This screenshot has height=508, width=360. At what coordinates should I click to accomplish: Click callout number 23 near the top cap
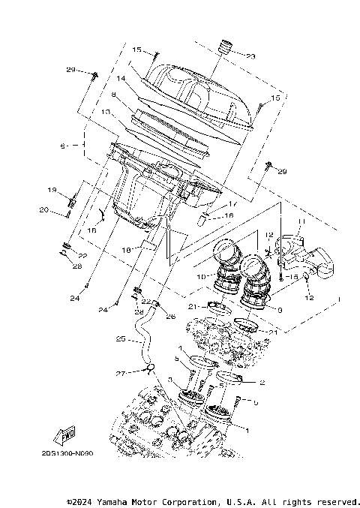pos(250,56)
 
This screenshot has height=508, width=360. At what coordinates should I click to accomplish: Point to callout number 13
pos(106,112)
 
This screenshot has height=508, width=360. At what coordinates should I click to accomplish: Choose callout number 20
pos(43,210)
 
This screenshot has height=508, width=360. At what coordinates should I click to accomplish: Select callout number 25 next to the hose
pos(121,338)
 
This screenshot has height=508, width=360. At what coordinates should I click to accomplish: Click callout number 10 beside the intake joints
pos(200,277)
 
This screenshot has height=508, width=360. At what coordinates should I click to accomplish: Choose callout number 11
pos(303,222)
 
